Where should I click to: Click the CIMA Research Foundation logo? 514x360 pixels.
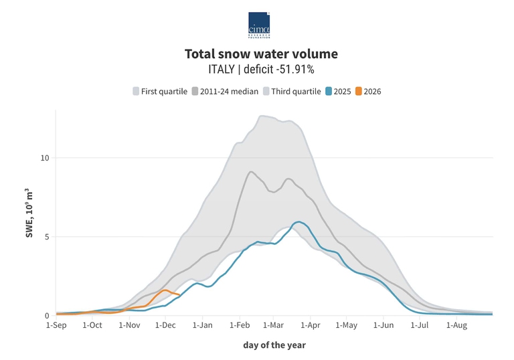(x=259, y=25)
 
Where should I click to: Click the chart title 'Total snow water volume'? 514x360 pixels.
(x=261, y=54)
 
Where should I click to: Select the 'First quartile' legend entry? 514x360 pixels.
(x=159, y=91)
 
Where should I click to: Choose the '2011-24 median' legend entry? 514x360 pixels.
(x=225, y=91)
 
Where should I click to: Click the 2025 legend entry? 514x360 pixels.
(x=339, y=91)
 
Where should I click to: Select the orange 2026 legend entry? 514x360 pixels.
(x=368, y=91)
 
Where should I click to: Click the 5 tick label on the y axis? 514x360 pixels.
(x=46, y=237)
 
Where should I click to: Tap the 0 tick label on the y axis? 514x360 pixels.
(x=46, y=316)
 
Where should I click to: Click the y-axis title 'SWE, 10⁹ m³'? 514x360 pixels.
(x=30, y=212)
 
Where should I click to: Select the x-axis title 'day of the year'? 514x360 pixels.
(x=274, y=345)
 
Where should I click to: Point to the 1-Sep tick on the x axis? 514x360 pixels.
(x=56, y=325)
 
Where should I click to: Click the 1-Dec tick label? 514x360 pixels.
(x=165, y=325)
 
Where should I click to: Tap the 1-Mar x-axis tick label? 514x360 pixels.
(x=274, y=325)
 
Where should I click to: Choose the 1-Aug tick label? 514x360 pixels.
(x=456, y=325)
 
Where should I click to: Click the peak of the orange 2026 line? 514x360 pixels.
(x=165, y=290)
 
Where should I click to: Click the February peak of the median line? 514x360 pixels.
(x=250, y=172)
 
